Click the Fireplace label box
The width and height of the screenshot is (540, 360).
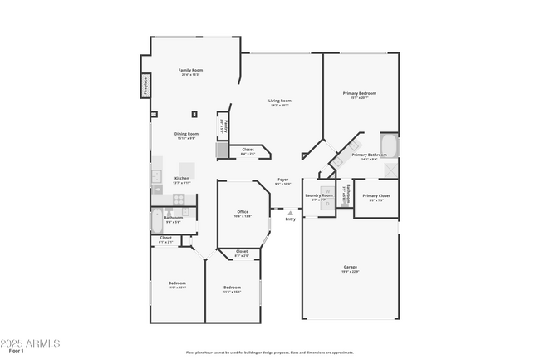pos(144,85)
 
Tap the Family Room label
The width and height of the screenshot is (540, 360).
pos(192,72)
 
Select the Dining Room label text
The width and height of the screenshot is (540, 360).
pos(186,136)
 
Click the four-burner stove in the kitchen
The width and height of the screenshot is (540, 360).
pos(178,199)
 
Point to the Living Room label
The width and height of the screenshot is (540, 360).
pos(279,102)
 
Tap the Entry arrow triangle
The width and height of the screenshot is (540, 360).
pos(290,213)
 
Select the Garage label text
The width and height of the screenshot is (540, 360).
pos(351,269)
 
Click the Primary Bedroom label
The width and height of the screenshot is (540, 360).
pos(360,95)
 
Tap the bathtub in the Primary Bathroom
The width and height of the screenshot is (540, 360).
pos(390,145)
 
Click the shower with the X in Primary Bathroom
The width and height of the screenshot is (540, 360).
pos(390,168)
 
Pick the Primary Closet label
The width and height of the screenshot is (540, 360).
pos(376,197)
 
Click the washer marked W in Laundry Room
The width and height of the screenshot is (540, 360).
pos(327,190)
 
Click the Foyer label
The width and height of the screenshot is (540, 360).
pos(282,181)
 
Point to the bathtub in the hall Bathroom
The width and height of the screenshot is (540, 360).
pos(156,221)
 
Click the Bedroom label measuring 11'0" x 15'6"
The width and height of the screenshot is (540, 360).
pos(177,284)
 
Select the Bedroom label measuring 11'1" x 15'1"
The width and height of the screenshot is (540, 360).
pos(232,289)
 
